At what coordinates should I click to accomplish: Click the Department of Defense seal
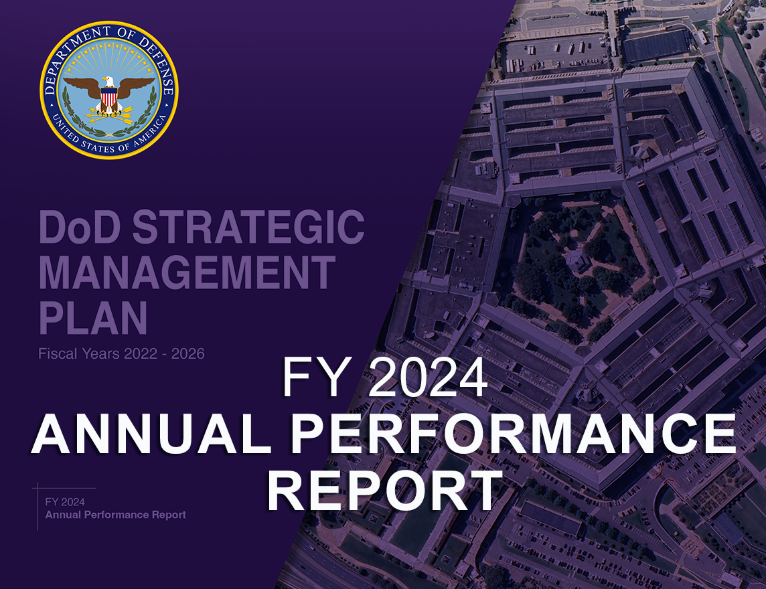click(x=109, y=90)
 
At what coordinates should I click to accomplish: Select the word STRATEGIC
click(x=248, y=228)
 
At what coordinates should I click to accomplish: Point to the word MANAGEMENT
click(x=187, y=273)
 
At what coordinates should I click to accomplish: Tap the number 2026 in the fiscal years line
click(x=187, y=353)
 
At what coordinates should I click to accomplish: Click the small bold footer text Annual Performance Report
click(x=116, y=515)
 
